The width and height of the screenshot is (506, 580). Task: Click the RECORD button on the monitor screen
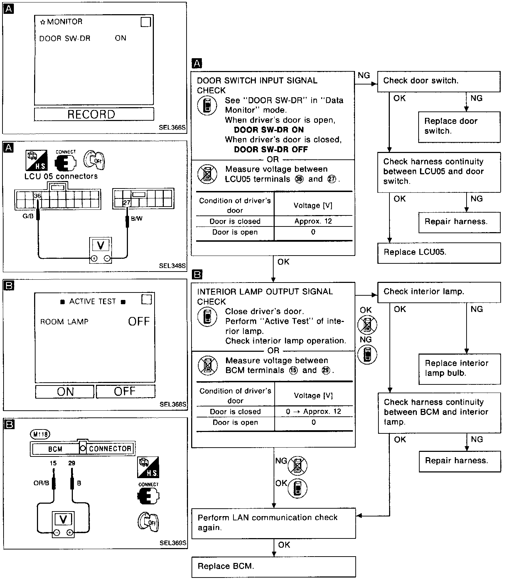click(94, 114)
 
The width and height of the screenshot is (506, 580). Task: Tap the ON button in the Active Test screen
click(65, 392)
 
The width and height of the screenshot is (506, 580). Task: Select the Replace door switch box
click(459, 126)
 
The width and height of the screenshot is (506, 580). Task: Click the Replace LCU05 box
click(438, 252)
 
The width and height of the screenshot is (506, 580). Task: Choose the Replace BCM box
click(273, 566)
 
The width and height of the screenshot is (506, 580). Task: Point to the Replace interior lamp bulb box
click(459, 368)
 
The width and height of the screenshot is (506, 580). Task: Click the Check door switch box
click(438, 81)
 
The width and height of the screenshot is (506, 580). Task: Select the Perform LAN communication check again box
click(273, 522)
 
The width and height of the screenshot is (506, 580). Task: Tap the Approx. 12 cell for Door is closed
click(313, 221)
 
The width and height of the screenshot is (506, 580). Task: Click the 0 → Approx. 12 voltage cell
click(313, 411)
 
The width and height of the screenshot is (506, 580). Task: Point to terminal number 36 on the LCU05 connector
click(37, 196)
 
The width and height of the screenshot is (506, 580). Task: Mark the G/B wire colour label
click(28, 216)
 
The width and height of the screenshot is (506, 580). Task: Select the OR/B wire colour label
click(41, 483)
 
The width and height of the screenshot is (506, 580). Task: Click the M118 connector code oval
click(40, 434)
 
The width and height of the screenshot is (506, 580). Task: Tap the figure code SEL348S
click(172, 266)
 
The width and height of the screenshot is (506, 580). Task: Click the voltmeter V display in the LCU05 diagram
click(101, 245)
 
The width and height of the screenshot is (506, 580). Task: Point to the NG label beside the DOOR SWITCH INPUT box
click(364, 75)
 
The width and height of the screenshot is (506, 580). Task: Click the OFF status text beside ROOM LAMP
click(139, 322)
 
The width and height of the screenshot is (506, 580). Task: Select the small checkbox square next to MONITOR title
click(146, 22)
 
